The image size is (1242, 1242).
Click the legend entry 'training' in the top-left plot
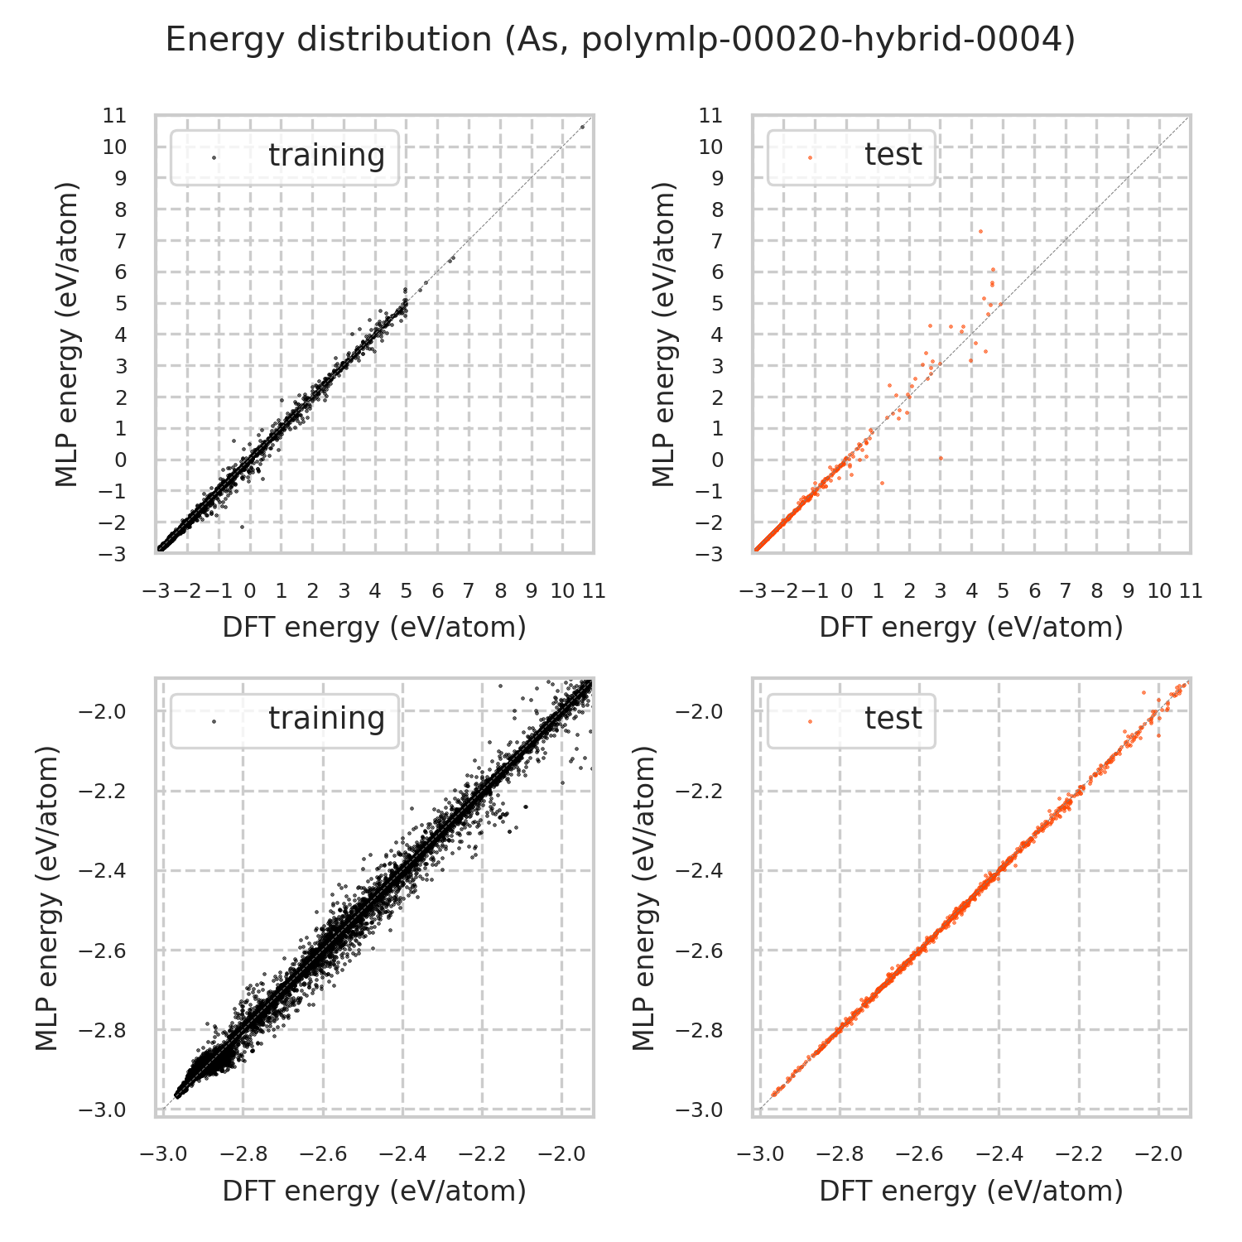click(x=326, y=156)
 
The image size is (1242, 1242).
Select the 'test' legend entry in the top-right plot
click(x=893, y=155)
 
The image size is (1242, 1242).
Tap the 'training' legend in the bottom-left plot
click(x=326, y=719)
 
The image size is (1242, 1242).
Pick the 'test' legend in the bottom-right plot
click(x=893, y=719)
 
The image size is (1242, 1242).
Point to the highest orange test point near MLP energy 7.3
click(x=980, y=231)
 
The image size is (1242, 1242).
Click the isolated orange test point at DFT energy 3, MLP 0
click(x=941, y=458)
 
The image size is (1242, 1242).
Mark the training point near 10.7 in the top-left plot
click(x=583, y=127)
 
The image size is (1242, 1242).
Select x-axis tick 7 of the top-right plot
click(x=1066, y=591)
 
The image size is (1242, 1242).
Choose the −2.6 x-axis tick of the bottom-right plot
click(x=919, y=1154)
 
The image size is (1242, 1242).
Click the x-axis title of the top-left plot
click(x=374, y=628)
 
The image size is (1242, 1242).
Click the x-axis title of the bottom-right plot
click(x=970, y=1191)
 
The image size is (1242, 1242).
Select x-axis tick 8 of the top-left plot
click(x=500, y=591)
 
